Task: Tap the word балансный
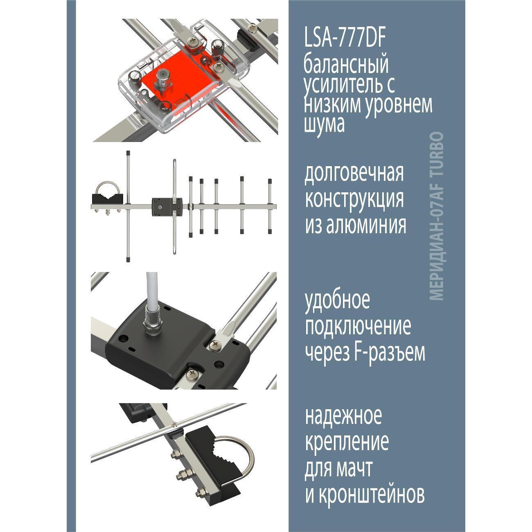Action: click(x=346, y=65)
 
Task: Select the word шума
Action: click(x=324, y=124)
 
